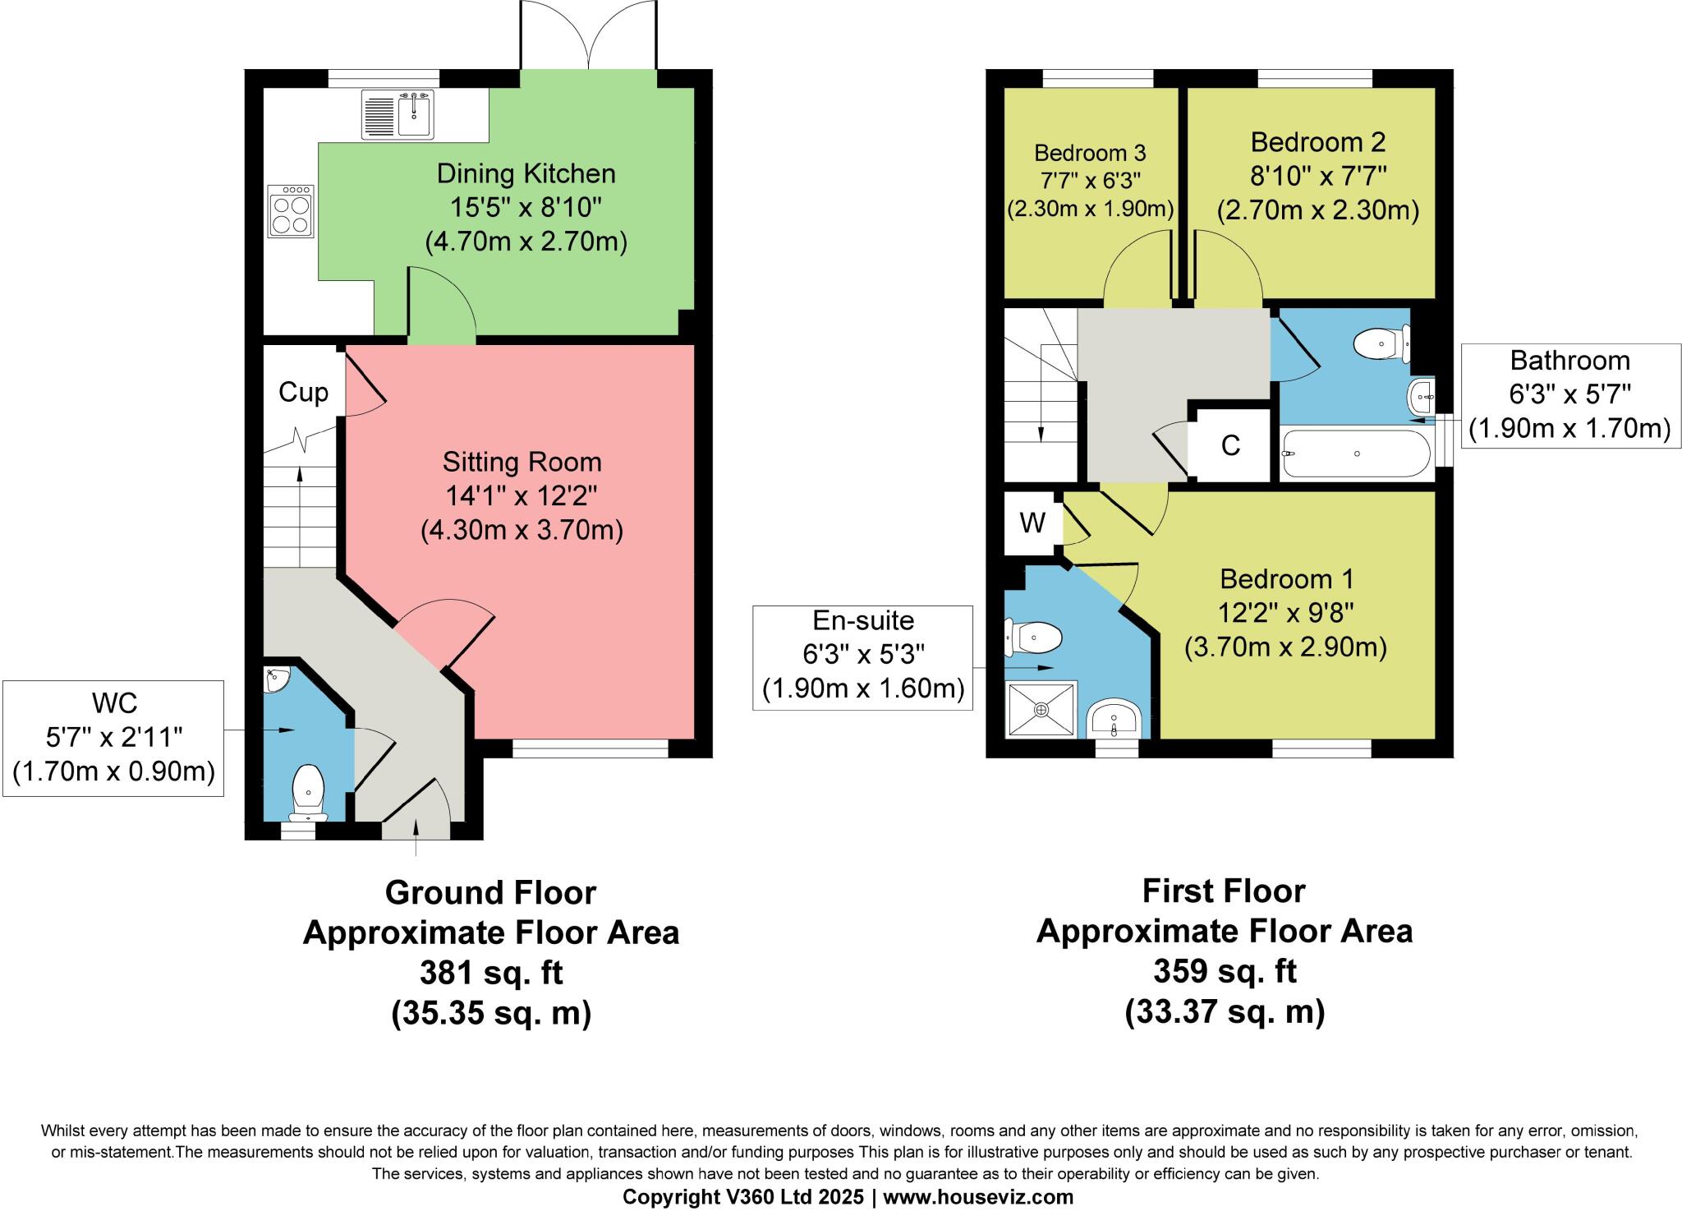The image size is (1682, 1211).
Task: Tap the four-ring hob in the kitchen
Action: click(291, 212)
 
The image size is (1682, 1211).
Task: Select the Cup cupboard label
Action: click(303, 392)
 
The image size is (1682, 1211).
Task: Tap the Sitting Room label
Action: click(522, 462)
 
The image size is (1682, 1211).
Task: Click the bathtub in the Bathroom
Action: click(1356, 454)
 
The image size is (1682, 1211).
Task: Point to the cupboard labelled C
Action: click(1230, 445)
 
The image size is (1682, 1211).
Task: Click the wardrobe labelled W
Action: click(1032, 523)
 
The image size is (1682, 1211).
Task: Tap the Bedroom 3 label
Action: click(1090, 153)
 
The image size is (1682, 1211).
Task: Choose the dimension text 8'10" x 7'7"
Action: click(1318, 176)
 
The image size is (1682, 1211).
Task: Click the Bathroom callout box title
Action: click(1569, 361)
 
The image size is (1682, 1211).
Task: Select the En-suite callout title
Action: click(863, 620)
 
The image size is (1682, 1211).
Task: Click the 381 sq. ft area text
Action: click(490, 973)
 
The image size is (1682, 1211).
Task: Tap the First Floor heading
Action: click(1224, 891)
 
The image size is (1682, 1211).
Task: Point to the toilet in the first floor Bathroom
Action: click(1384, 344)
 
